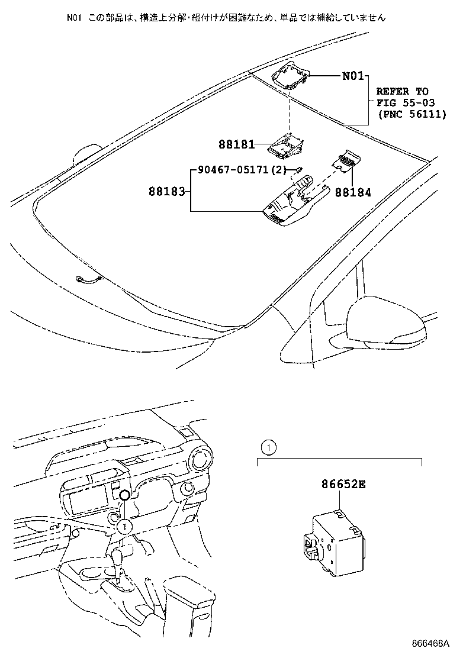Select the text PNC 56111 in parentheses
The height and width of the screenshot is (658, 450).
(412, 114)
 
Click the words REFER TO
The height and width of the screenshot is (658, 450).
(402, 92)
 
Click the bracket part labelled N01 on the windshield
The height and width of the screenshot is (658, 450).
(291, 75)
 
